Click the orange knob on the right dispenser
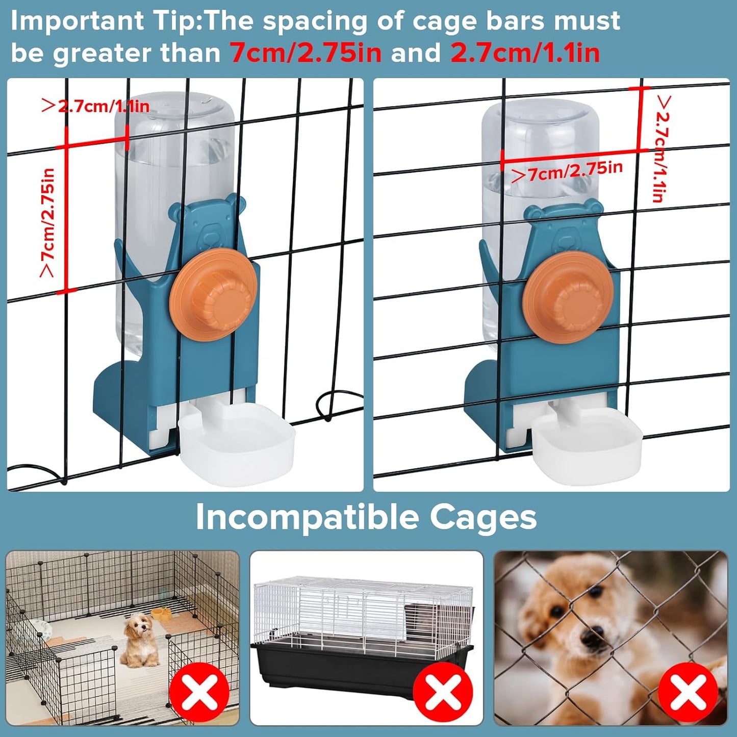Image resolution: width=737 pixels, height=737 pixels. [x=570, y=297]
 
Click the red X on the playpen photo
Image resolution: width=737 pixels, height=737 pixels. [x=199, y=692]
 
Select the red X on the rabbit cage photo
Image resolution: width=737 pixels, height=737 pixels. [x=443, y=692]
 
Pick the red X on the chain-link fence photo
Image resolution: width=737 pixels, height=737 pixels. [x=688, y=692]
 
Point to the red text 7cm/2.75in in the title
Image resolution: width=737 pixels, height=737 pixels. [x=305, y=53]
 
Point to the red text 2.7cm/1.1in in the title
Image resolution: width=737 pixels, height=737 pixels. [x=525, y=53]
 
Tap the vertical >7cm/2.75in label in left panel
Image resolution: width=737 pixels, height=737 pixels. [x=47, y=223]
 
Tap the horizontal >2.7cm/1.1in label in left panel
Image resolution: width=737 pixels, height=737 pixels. [x=95, y=106]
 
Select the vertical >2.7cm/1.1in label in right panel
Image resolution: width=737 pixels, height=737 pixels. [x=662, y=148]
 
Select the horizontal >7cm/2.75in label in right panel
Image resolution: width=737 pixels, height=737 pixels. [x=567, y=171]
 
